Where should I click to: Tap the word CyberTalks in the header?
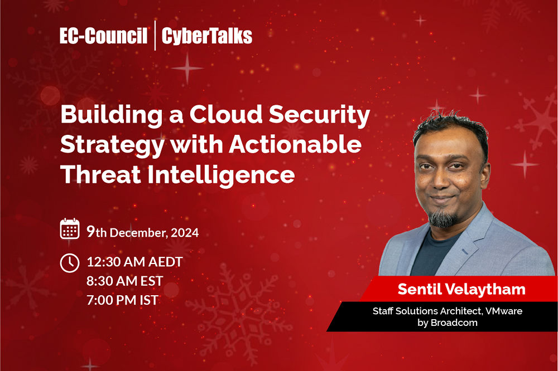(206, 37)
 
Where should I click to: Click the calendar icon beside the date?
(70, 228)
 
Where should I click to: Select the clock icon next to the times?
(70, 262)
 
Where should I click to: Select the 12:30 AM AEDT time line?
(134, 262)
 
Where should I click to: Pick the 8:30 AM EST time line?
(124, 281)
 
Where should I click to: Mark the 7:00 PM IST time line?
(122, 300)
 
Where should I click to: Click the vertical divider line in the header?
(155, 37)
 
